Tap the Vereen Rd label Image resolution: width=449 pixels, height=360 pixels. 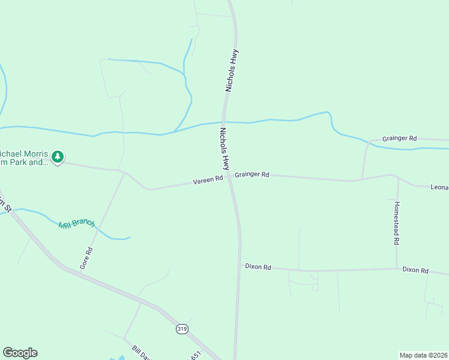[208, 179]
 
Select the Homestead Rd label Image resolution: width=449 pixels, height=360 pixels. [397, 223]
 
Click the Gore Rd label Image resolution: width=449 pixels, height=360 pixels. [86, 257]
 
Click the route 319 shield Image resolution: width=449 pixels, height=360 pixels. [182, 329]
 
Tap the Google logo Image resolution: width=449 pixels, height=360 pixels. [20, 353]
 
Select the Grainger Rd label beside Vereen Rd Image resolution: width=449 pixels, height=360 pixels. [252, 175]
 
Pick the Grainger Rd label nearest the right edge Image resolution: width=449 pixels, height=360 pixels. [399, 138]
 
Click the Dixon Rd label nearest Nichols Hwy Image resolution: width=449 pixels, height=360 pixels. [258, 266]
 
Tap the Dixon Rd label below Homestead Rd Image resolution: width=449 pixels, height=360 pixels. [415, 271]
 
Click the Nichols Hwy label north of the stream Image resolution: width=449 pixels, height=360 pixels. [232, 70]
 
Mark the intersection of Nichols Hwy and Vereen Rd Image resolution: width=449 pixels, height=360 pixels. [229, 177]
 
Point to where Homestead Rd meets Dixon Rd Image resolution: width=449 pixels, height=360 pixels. [397, 269]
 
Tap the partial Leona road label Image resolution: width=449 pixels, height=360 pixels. [439, 187]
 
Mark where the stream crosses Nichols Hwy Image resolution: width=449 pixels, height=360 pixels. [224, 122]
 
